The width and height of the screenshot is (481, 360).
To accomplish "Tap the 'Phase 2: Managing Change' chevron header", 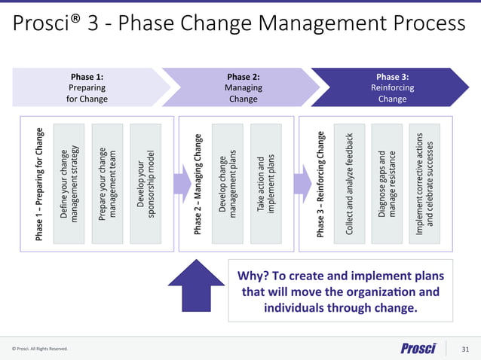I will pos(242,87).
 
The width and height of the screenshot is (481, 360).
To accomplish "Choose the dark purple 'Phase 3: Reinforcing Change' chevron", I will pos(392,87).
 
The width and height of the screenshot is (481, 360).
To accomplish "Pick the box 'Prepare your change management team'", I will pos(107,184).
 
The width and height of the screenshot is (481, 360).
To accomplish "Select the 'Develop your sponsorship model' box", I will pos(146,184).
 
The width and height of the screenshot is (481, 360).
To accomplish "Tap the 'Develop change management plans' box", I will pos(228,184).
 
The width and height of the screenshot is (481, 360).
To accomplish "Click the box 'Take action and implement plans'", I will pos(266,184).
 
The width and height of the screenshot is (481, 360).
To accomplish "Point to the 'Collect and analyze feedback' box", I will pos(350,184).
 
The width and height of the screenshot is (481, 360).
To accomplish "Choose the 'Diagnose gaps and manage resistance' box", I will pos(387,184).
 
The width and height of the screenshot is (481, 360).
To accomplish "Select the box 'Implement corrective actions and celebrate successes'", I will pos(426,184).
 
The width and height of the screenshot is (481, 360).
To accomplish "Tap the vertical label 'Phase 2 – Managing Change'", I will pos(198,184).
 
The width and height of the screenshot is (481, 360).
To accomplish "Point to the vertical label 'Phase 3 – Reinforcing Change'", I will pos(321,184).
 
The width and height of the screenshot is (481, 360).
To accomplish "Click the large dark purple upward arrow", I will pos(198,283).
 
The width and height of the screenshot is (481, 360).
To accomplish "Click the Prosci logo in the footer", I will pos(418,349).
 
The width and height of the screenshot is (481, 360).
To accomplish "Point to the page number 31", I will pos(464,349).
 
